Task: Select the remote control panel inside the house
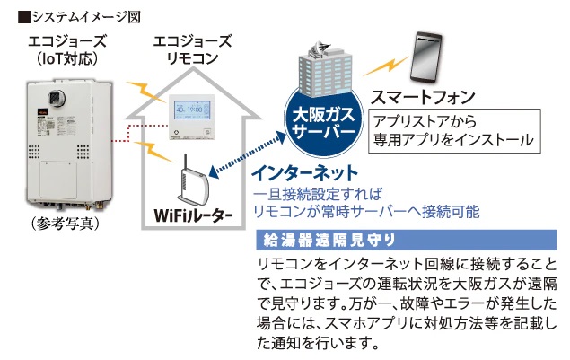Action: [x=193, y=113]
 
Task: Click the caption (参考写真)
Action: [x=63, y=221]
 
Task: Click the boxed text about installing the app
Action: [x=454, y=129]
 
